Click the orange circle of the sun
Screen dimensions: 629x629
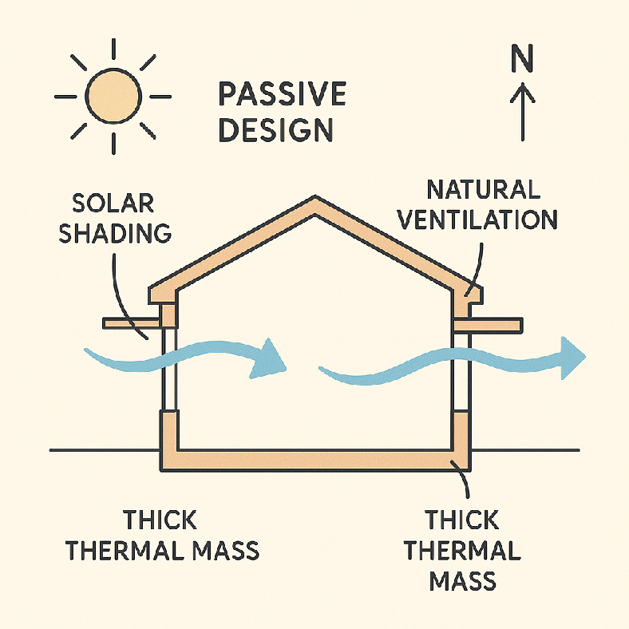point(114,97)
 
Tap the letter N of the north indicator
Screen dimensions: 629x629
point(522,58)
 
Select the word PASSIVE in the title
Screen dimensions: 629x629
point(282,95)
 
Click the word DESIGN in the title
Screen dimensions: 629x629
point(276,129)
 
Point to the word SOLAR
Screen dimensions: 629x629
point(113,202)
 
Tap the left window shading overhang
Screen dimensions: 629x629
point(133,322)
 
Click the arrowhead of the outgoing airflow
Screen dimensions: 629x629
point(573,356)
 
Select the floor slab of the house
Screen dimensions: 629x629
point(315,460)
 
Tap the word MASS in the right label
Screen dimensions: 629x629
point(463,580)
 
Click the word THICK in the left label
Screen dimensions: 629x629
point(160,520)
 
